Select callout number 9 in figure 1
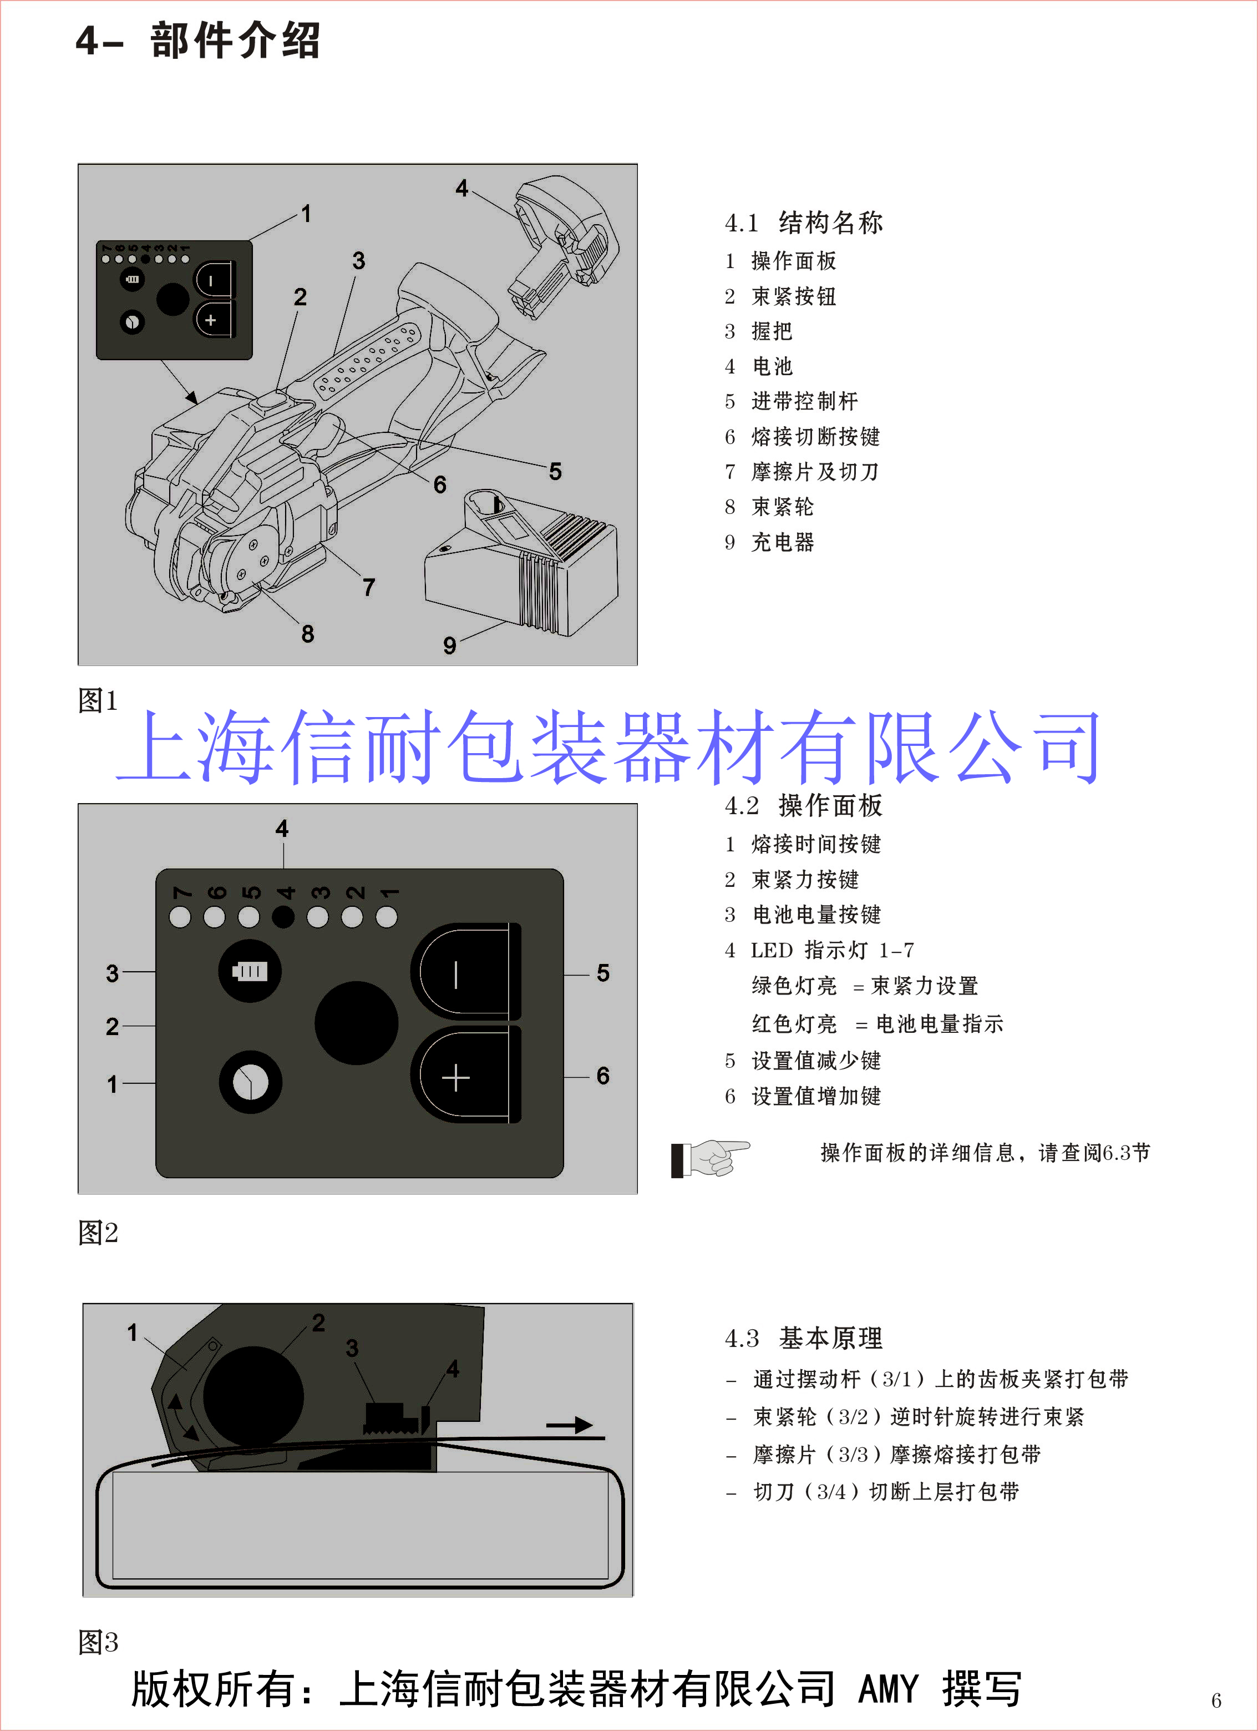coord(449,645)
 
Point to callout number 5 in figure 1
coord(555,472)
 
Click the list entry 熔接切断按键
coord(815,437)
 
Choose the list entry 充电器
coord(783,543)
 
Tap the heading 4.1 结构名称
coord(803,223)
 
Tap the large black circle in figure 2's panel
coord(356,1023)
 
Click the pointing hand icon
coord(712,1158)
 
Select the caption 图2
coord(98,1233)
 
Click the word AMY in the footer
coord(889,1688)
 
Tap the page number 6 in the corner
coord(1215,1700)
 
